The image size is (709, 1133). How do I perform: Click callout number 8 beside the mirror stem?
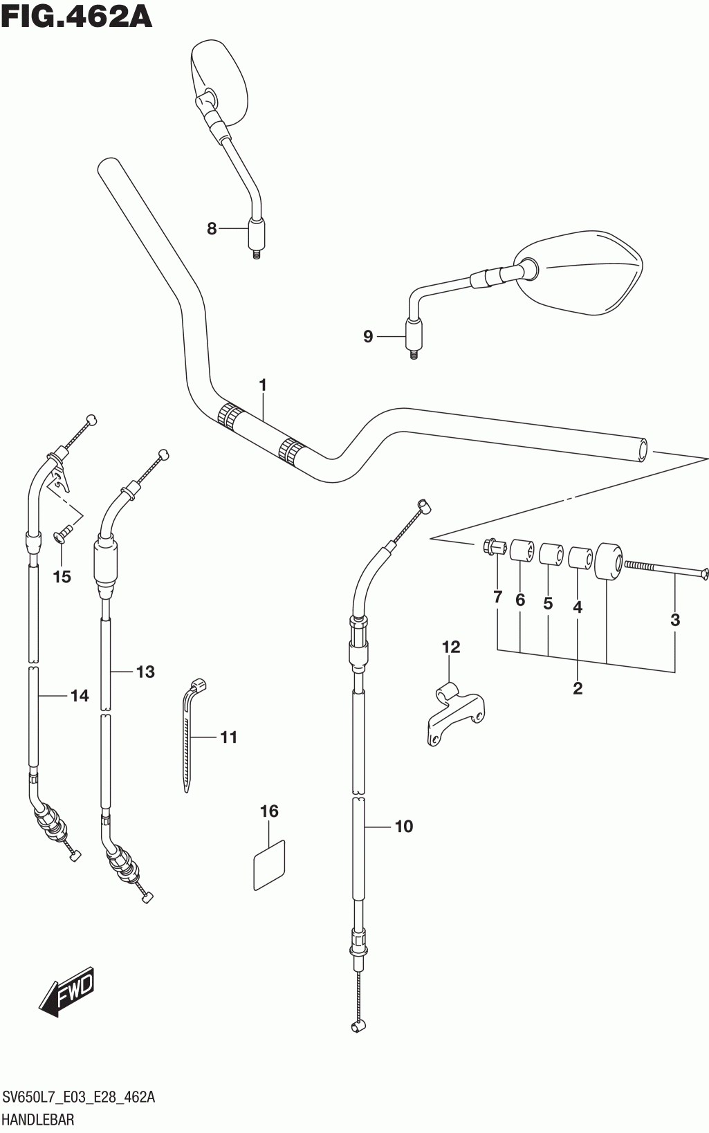click(x=212, y=228)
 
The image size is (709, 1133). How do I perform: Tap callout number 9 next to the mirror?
click(x=368, y=336)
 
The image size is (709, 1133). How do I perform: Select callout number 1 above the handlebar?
click(x=263, y=385)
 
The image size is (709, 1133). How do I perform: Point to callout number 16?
click(x=269, y=811)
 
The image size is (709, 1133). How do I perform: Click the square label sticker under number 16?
click(x=269, y=865)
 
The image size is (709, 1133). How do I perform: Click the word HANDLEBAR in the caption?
click(x=39, y=1118)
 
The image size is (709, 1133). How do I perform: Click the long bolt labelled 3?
click(x=664, y=569)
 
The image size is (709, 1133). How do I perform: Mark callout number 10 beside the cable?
click(x=404, y=826)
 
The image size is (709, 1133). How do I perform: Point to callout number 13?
click(x=145, y=671)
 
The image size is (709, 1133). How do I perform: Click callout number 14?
click(x=80, y=695)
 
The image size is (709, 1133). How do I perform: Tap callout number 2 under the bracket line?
click(x=578, y=688)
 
